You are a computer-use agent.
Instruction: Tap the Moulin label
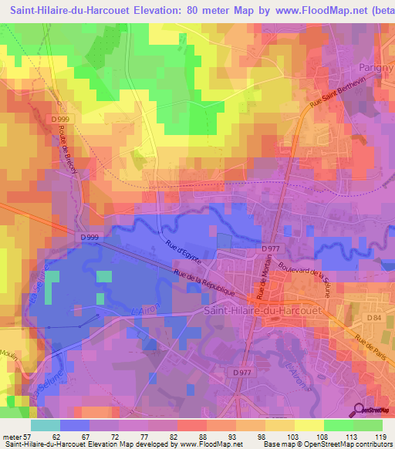coord(8,352)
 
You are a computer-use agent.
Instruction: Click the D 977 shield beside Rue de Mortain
coord(269,249)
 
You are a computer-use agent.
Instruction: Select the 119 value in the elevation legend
coord(380,437)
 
